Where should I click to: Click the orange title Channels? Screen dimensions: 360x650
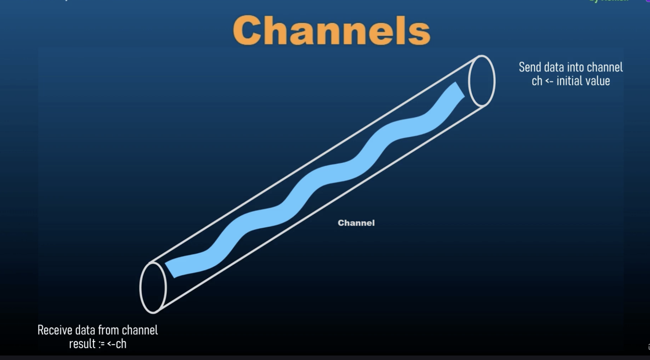(331, 30)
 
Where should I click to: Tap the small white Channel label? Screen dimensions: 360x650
(356, 223)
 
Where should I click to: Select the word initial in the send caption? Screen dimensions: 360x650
(569, 81)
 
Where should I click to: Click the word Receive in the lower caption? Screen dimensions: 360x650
(55, 330)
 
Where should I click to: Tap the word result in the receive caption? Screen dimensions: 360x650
(82, 344)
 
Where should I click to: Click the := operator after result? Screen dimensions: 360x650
(101, 344)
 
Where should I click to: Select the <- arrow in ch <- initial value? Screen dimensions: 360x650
(549, 81)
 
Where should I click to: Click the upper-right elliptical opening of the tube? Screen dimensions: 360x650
(482, 81)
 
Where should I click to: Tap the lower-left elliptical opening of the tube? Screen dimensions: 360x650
(153, 287)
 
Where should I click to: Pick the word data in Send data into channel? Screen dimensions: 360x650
(551, 67)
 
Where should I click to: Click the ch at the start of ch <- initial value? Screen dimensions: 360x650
(537, 81)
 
